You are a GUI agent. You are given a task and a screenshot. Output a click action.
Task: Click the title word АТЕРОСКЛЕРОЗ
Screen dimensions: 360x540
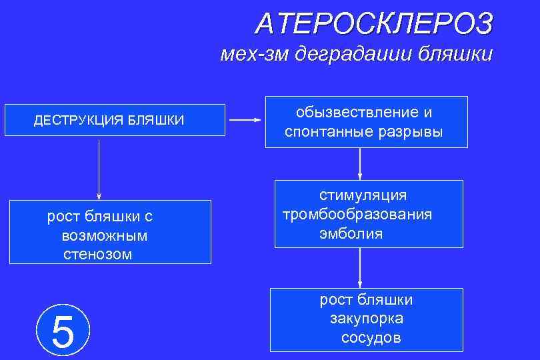tap(374, 24)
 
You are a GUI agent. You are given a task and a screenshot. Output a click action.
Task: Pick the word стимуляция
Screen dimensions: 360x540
tap(363, 195)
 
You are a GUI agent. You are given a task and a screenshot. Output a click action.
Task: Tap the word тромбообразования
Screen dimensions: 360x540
tap(357, 215)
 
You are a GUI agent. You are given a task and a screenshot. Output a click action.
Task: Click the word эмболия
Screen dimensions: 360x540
tap(351, 233)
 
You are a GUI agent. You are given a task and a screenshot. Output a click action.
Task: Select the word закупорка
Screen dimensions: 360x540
tap(366, 319)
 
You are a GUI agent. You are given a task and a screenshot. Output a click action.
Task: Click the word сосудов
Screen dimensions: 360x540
tap(371, 338)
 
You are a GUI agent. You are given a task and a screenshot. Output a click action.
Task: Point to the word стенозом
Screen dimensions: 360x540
tap(97, 254)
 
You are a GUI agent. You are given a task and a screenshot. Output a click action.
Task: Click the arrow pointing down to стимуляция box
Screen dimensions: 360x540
tap(360, 163)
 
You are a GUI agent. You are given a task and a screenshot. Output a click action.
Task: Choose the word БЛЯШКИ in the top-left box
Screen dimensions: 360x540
tap(157, 121)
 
